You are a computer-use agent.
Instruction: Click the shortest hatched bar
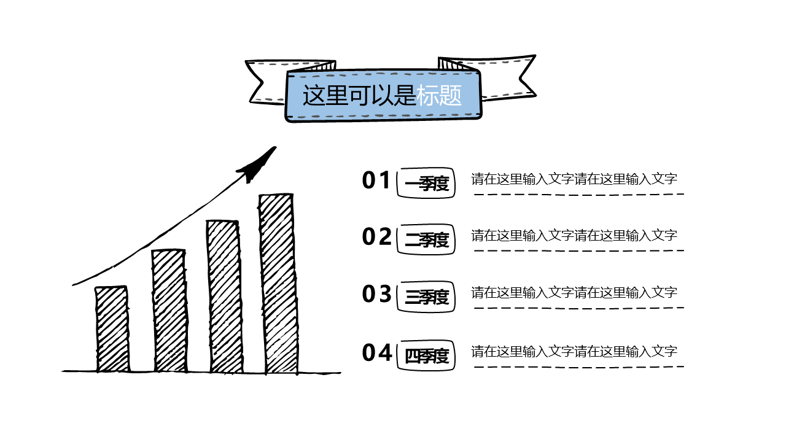point(112,329)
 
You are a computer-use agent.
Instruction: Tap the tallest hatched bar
point(278,283)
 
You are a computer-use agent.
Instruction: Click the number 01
point(376,180)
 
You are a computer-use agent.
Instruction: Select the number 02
point(376,236)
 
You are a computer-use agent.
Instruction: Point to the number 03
point(376,294)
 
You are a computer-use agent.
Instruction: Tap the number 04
point(376,353)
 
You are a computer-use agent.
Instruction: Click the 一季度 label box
point(427,183)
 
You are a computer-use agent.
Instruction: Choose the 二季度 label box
point(427,239)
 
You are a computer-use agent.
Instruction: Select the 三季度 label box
point(427,297)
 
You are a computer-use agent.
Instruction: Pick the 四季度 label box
point(427,355)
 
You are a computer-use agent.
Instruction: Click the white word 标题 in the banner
point(439,95)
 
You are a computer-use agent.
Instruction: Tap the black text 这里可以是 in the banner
point(359,95)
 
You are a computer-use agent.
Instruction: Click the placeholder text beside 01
point(574,179)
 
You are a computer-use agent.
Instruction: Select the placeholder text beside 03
point(574,292)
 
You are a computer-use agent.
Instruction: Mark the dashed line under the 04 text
point(578,367)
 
